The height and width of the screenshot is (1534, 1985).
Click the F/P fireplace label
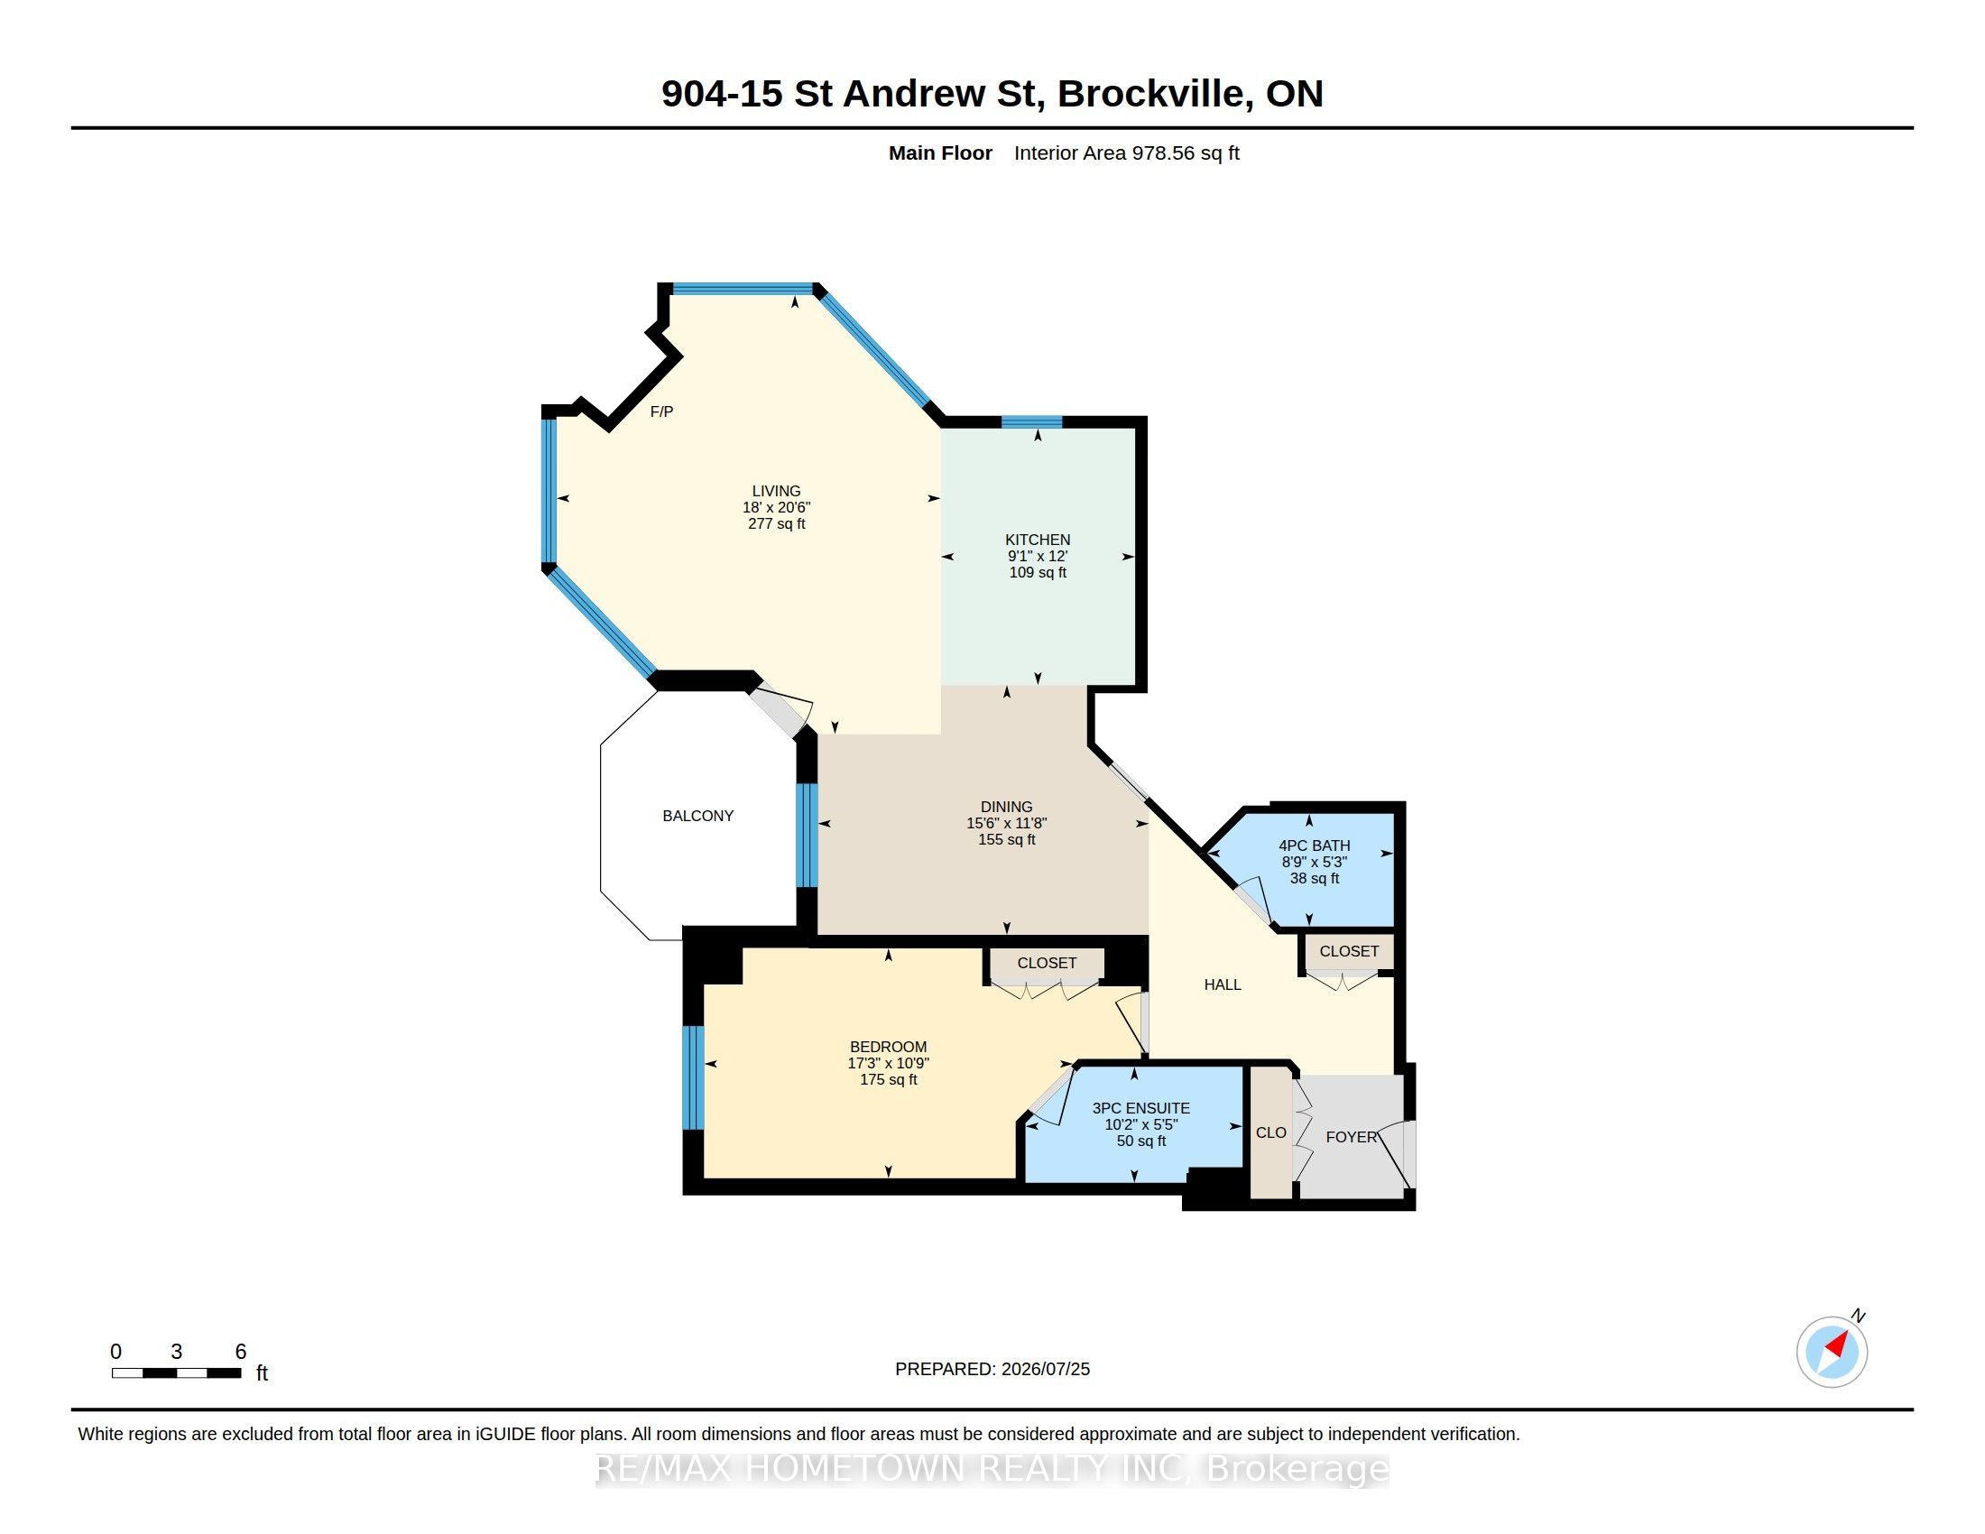click(661, 411)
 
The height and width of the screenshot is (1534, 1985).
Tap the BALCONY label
click(698, 816)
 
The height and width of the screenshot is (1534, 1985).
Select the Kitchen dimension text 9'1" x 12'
click(1037, 556)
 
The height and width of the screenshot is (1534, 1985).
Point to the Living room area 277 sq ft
click(776, 523)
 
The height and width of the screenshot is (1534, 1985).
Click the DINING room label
click(1006, 807)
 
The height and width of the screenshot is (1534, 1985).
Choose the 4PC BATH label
click(1315, 846)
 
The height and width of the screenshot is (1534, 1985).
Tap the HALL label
click(1223, 984)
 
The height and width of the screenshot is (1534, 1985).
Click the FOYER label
click(1352, 1137)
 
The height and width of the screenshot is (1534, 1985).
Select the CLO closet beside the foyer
click(1270, 1132)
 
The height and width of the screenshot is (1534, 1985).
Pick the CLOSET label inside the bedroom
click(1047, 963)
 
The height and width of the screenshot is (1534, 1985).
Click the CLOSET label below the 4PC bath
click(1349, 950)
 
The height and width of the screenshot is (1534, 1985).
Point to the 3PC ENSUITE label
click(1140, 1108)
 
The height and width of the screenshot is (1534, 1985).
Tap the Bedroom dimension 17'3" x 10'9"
click(888, 1063)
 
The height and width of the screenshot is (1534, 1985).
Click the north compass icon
click(1832, 1352)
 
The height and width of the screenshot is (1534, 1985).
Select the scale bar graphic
click(176, 1372)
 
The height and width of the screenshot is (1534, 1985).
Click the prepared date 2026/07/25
click(1045, 1369)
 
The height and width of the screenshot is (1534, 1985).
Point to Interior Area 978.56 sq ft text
click(1126, 152)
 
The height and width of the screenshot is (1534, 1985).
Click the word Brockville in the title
click(1151, 94)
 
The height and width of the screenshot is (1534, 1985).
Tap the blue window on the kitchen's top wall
click(1031, 421)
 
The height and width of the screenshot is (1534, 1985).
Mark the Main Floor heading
click(940, 152)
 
